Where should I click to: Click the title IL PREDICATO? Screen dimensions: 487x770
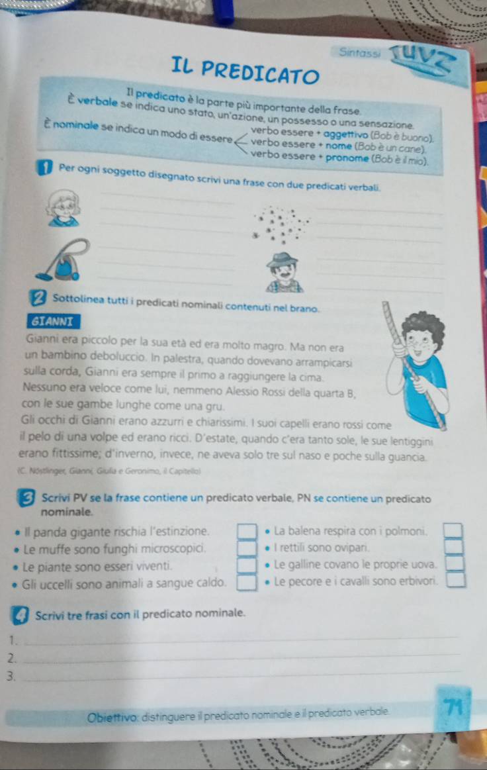point(245,71)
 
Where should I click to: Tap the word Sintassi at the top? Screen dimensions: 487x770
point(360,52)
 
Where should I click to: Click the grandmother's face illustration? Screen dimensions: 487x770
point(64,209)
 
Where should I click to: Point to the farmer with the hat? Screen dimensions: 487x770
point(284,273)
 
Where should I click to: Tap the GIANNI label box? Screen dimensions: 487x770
point(53,322)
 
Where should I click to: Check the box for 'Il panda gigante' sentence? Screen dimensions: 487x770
point(247,532)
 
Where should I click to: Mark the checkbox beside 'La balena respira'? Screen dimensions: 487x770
point(453,531)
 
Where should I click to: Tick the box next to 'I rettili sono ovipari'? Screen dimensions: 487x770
point(454,547)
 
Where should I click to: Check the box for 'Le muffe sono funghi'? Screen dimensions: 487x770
point(247,549)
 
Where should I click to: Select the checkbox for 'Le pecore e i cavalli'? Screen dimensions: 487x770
point(456,580)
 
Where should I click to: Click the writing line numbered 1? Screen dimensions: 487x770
point(241,640)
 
